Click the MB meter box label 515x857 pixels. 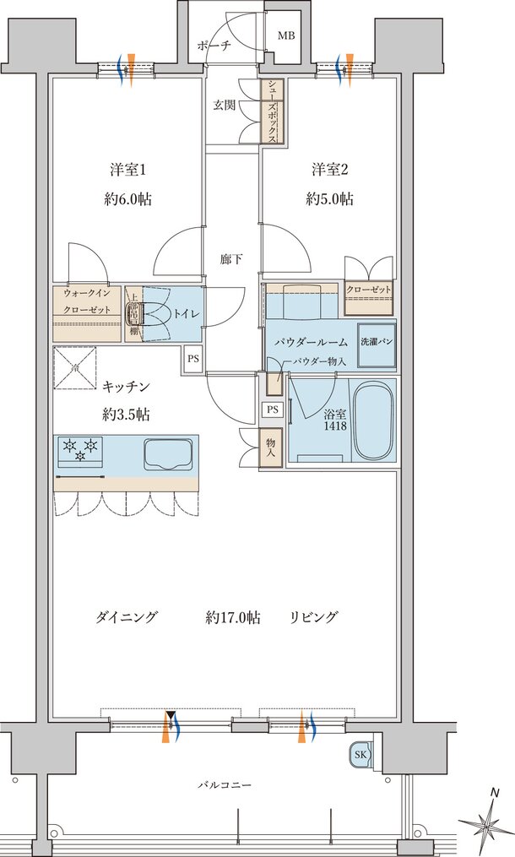[287, 35]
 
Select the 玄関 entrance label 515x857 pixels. [224, 106]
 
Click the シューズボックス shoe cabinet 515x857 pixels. [273, 111]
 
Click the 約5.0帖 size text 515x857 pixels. [329, 200]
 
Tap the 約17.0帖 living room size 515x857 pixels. [232, 617]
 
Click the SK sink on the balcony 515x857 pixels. [360, 755]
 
